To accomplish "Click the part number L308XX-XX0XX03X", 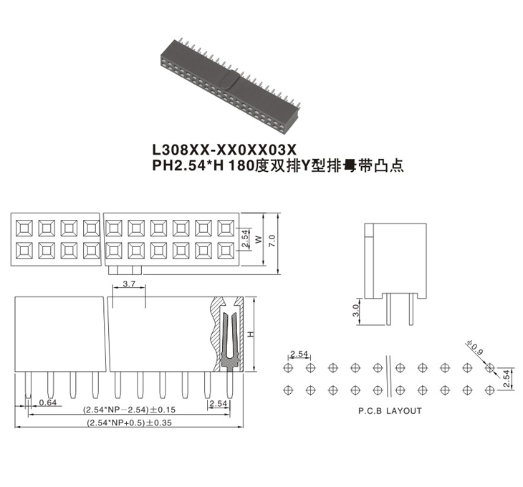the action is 224,150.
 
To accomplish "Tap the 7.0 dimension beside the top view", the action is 272,241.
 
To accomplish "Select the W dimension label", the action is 259,240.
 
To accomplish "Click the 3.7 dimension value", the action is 129,284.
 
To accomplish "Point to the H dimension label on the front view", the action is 251,334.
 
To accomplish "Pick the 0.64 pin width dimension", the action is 48,402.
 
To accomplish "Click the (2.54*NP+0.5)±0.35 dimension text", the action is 130,423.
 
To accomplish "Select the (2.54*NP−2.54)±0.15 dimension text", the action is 129,410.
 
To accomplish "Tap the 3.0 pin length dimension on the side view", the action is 355,311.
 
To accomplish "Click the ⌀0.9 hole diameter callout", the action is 475,347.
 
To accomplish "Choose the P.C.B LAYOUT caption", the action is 390,411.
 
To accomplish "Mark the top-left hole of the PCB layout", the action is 288,368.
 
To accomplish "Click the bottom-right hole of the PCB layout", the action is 489,390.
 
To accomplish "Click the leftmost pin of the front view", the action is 28,385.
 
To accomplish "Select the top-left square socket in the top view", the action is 24,228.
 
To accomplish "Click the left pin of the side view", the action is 388,309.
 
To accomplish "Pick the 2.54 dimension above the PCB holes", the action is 299,354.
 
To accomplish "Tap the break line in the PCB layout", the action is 388,376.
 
